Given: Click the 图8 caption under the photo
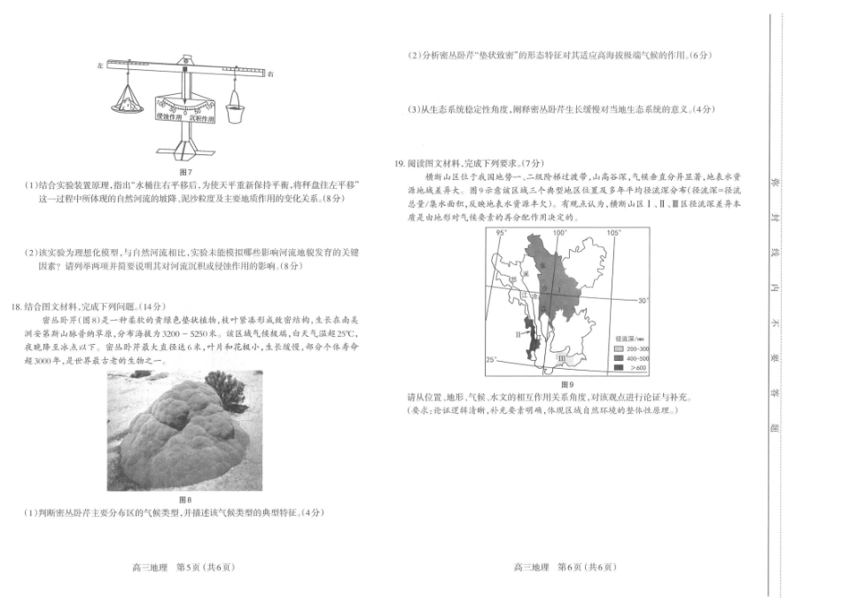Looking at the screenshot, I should click(x=185, y=500).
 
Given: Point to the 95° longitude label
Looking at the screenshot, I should click(x=503, y=233).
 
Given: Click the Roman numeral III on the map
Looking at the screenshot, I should click(x=561, y=358).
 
